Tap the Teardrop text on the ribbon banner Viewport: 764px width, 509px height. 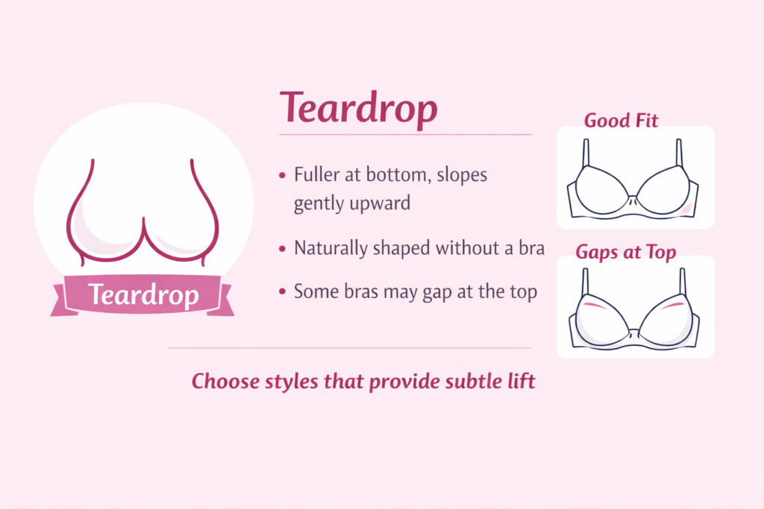click(x=143, y=296)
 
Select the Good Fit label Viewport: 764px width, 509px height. click(x=621, y=120)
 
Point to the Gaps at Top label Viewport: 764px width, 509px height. click(x=625, y=252)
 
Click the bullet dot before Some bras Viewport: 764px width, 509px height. click(x=282, y=292)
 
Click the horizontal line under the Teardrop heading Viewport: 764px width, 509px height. click(x=405, y=135)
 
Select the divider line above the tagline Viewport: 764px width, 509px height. click(x=349, y=348)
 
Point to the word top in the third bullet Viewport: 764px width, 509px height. click(x=522, y=292)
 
